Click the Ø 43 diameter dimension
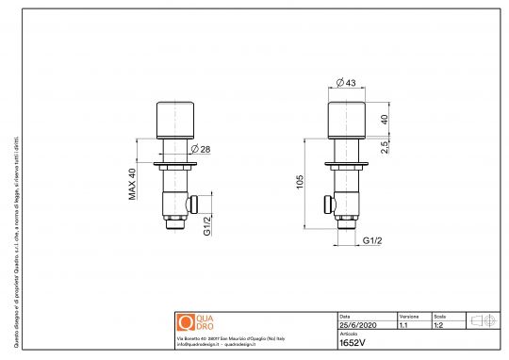[x=347, y=84]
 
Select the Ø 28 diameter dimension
[x=199, y=150]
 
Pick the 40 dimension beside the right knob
[x=385, y=120]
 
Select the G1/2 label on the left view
[x=206, y=225]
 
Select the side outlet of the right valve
[x=328, y=202]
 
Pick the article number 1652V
[x=351, y=343]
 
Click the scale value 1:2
[x=439, y=325]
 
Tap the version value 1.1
[x=403, y=325]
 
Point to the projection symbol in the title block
[x=482, y=321]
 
